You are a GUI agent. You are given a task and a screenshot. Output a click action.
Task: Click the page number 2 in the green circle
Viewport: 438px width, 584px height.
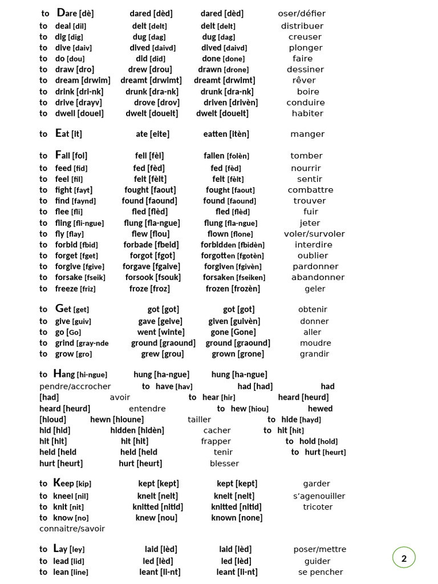pos(404,558)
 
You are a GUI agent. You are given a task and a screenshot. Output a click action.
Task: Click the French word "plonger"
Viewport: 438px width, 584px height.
pos(305,48)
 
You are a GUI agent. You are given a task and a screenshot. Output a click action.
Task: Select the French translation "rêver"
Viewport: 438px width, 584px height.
pos(303,80)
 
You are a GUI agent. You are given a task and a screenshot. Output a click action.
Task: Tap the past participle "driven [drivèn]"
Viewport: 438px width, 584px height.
pos(230,103)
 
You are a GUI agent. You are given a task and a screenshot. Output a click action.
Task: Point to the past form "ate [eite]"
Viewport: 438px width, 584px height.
pos(152,134)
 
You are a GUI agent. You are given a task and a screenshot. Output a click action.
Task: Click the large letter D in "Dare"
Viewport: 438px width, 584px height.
pos(61,13)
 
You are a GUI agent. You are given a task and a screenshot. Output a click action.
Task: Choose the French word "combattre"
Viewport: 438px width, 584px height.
pos(310,190)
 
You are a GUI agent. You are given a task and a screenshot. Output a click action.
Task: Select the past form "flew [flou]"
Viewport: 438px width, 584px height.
pos(151,234)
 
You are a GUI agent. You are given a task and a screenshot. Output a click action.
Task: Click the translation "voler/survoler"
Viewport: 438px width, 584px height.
pos(314,234)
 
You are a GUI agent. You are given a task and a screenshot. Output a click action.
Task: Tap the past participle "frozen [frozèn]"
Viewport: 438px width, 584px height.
pos(233,289)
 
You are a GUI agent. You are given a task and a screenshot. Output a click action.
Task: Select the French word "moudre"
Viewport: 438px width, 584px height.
pos(315,343)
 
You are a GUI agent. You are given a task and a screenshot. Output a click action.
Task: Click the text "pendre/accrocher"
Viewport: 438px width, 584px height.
pos(75,387)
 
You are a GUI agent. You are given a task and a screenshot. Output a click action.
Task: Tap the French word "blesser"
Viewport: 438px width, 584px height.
pos(224,464)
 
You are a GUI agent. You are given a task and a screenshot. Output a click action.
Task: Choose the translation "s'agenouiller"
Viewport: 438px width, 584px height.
pos(319,496)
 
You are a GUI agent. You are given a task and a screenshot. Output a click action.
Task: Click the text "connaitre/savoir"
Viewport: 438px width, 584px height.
pos(72,529)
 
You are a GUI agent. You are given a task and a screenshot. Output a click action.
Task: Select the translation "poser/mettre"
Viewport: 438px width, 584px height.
pos(319,549)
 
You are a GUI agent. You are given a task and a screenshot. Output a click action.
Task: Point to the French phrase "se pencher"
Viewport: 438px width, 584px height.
pos(321,572)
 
